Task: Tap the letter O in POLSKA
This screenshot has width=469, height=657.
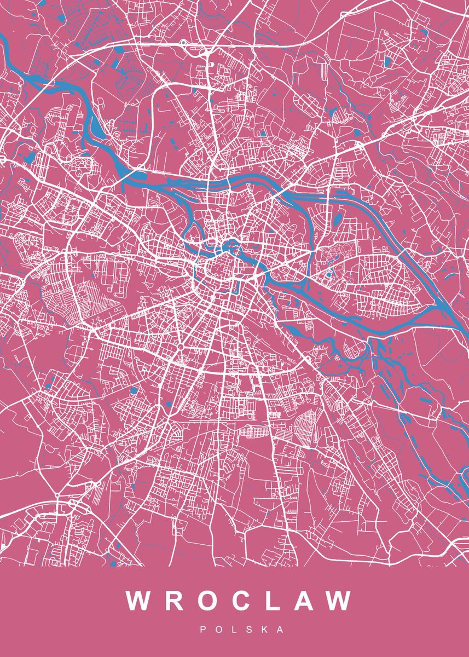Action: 219,630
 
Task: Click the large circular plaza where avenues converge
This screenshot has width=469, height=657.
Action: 180,347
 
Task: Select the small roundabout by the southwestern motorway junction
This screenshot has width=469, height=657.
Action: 57,496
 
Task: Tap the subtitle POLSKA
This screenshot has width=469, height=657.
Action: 242,630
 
